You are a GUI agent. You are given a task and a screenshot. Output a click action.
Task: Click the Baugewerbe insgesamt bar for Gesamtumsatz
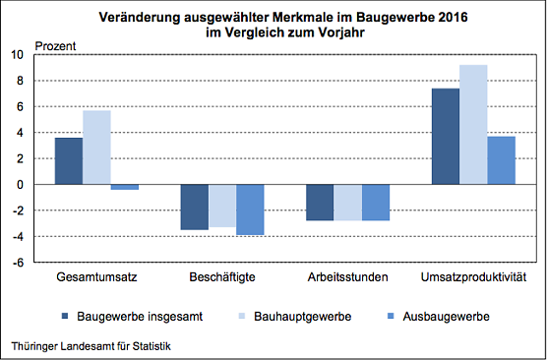coord(69,160)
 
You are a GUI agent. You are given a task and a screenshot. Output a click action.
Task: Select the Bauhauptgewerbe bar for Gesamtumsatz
coord(96,147)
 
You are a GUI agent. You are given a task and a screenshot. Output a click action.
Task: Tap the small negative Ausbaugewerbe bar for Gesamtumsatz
coord(124,187)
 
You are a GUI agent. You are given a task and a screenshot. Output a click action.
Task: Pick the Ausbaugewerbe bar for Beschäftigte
coord(250,210)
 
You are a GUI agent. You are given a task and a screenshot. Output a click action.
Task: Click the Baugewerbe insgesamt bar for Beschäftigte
coord(195,207)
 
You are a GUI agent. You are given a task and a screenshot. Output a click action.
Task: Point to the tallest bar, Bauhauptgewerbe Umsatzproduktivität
coord(473,124)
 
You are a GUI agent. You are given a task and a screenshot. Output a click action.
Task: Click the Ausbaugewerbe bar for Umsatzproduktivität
coord(501,159)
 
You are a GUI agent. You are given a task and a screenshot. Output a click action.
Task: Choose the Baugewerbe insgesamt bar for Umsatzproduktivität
coord(446,136)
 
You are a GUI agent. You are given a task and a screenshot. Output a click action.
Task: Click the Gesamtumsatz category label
coord(96,277)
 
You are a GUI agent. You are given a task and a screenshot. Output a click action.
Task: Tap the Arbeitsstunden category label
coord(348,277)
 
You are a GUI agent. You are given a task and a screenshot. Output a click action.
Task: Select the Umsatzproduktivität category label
coord(473,277)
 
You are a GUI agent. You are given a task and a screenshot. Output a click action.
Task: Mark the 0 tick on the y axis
coord(20,184)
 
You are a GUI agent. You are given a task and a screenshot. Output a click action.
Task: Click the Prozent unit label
coord(54,46)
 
